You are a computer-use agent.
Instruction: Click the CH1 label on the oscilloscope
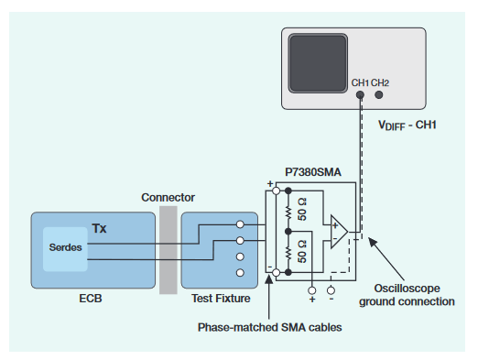click(360, 83)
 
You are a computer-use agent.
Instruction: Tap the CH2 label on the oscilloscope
click(381, 83)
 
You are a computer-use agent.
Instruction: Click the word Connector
click(168, 197)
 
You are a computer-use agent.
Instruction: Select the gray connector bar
click(168, 249)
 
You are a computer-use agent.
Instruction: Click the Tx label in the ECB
click(99, 227)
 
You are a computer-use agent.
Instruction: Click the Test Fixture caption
click(216, 299)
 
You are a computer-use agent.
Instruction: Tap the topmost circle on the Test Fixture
click(240, 224)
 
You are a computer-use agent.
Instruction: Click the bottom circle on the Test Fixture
click(240, 273)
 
